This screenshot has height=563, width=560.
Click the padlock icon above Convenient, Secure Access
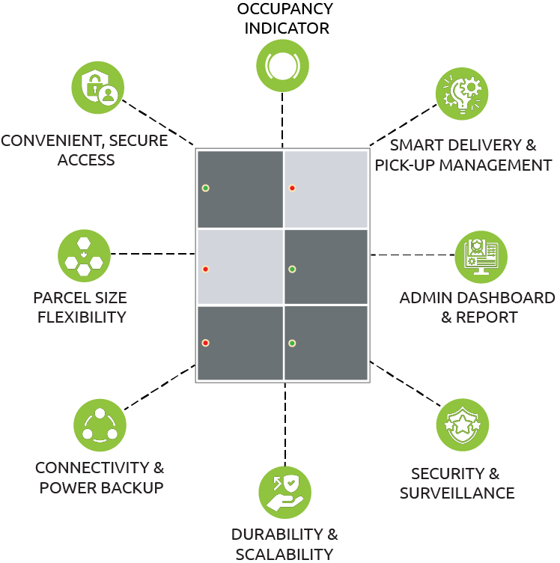click(98, 88)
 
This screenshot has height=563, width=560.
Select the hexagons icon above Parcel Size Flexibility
click(84, 255)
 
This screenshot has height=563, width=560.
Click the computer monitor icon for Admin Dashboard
click(481, 257)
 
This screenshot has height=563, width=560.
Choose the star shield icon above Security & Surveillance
click(462, 424)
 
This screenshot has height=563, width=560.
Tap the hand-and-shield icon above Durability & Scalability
click(284, 492)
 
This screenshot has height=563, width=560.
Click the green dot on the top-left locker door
click(205, 188)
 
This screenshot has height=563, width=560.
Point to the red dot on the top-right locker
click(292, 188)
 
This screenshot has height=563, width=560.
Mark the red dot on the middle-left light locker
click(205, 269)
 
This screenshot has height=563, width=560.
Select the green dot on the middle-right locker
click(292, 269)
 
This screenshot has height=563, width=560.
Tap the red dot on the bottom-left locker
click(205, 343)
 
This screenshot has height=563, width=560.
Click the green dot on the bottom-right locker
click(292, 343)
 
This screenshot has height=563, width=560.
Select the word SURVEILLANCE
click(457, 493)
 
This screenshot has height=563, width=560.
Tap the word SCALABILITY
click(284, 554)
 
